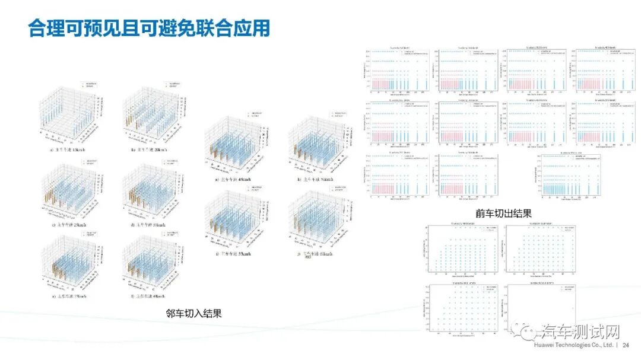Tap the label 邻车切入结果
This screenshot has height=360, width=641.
(194, 313)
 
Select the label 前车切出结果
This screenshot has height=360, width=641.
(503, 213)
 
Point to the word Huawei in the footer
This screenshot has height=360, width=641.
(545, 345)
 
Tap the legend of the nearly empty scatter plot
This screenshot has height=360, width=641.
(567, 288)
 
